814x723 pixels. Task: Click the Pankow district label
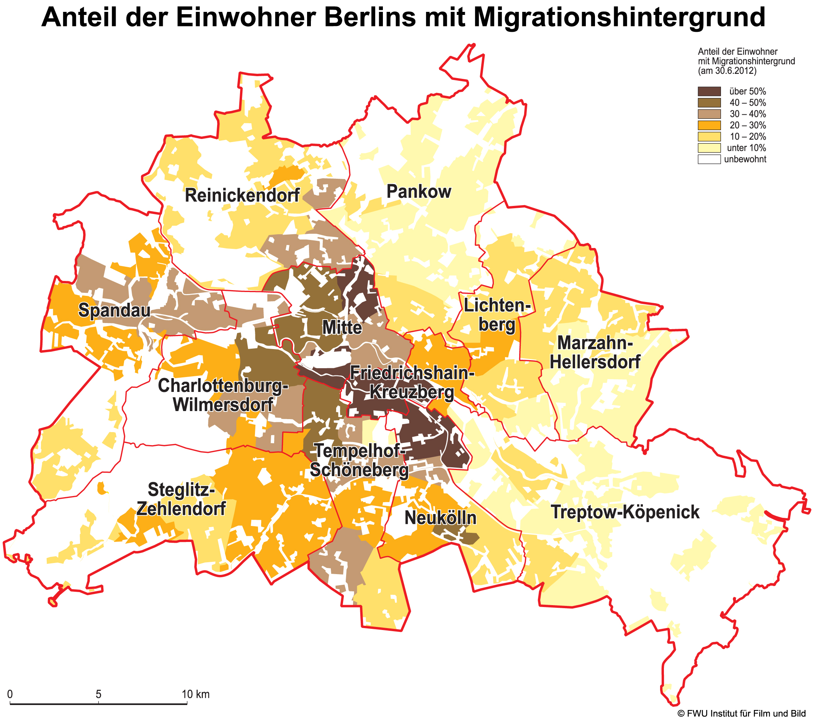pos(418,191)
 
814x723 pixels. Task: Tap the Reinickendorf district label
pos(242,196)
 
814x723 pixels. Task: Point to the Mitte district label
pos(342,328)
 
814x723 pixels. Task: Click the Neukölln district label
pos(440,518)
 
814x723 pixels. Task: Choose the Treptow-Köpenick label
pos(625,512)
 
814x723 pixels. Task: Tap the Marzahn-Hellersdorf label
pos(595,353)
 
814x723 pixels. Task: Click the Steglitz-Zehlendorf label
pos(181,499)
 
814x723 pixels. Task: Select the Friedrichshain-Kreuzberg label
pos(412,383)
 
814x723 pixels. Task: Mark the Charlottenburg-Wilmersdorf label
pos(223,395)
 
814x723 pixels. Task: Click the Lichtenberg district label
pos(497,315)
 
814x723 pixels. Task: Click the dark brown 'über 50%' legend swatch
pos(709,91)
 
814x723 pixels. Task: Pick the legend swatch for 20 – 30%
pos(709,125)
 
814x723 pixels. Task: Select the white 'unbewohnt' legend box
pos(709,159)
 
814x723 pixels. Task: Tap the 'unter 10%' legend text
pos(746,148)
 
